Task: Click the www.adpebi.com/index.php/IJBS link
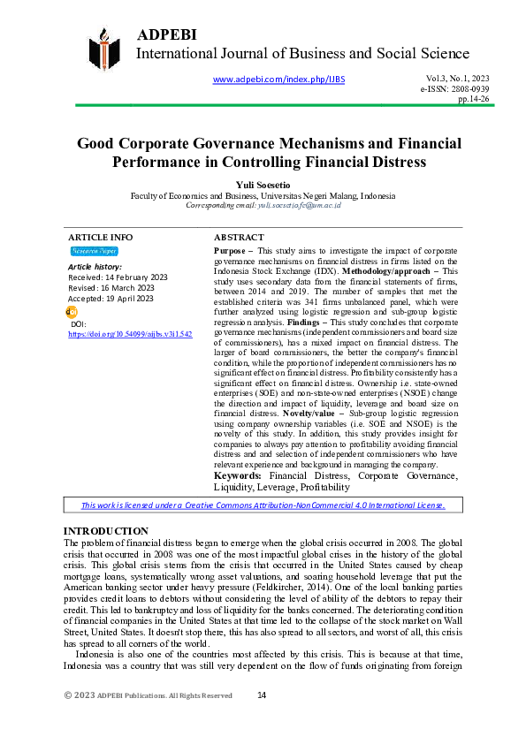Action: (279, 80)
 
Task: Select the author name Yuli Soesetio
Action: (263, 185)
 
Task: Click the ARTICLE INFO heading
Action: (101, 238)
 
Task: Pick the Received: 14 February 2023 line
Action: (118, 277)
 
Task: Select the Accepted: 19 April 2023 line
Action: (111, 299)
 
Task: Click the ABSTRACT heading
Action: (239, 238)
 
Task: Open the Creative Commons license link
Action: (263, 505)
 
